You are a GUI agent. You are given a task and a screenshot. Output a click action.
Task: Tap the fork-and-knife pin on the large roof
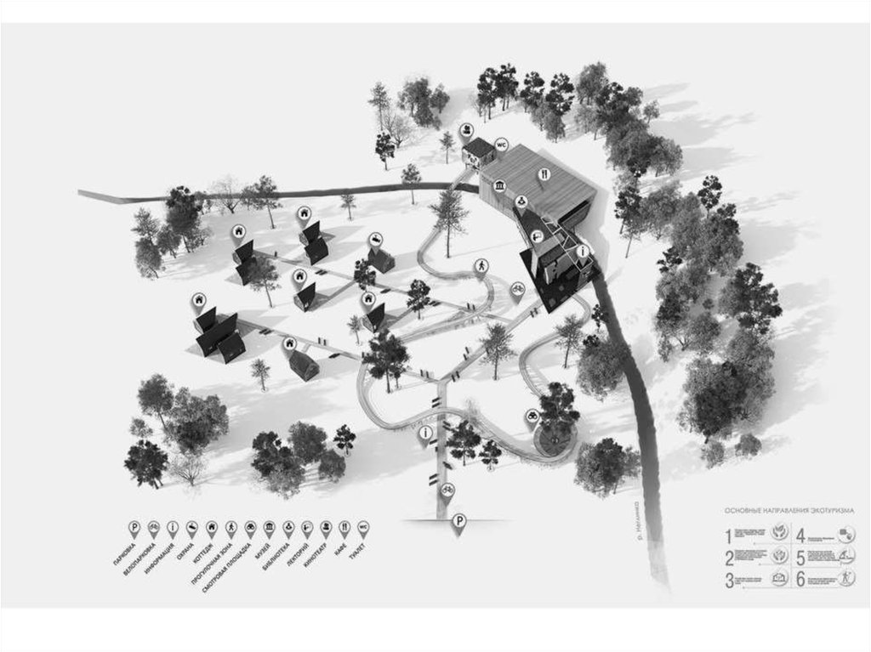coord(543,176)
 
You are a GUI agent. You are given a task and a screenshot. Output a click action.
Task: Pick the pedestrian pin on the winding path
coord(481,266)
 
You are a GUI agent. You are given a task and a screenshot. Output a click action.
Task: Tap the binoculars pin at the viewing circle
coord(531,417)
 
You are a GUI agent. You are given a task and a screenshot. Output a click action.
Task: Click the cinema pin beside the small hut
coord(467,131)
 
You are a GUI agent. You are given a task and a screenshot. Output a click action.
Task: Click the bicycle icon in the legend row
coord(153,526)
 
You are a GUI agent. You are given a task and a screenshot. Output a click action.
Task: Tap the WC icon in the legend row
coord(364,526)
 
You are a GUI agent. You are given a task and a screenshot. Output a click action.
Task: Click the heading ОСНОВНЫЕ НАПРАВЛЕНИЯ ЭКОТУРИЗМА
coord(789,511)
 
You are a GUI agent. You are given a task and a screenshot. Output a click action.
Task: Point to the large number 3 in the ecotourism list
coord(729,581)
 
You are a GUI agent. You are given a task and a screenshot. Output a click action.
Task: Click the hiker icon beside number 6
coord(845,581)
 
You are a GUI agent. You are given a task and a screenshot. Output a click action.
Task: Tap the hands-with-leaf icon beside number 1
coord(780,536)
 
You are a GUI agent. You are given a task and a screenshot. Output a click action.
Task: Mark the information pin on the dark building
coord(582,252)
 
